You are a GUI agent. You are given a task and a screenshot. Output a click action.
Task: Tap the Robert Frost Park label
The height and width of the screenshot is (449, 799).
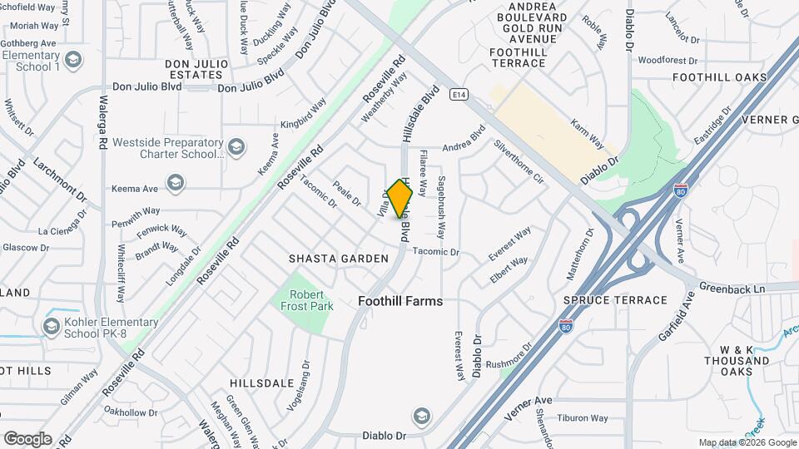(x=306, y=300)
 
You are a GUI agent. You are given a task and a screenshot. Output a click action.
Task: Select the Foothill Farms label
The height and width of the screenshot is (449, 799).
(x=400, y=302)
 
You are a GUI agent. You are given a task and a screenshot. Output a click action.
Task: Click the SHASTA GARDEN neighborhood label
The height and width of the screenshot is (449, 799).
(x=339, y=259)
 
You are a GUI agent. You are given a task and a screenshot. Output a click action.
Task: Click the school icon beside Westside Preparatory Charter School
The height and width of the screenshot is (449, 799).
(x=236, y=148)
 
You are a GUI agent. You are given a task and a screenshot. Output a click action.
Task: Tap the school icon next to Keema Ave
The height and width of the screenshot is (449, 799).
(x=175, y=182)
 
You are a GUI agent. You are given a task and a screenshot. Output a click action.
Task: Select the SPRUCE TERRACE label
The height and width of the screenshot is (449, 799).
(x=615, y=300)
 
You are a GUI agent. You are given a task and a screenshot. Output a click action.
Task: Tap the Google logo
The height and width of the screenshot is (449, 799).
(x=27, y=439)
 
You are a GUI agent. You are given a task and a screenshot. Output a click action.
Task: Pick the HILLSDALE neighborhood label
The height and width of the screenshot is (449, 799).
(x=262, y=383)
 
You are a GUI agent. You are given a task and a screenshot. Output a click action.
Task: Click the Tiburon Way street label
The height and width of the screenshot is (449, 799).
(x=583, y=418)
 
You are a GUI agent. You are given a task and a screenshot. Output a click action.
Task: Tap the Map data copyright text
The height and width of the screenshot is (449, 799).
(x=746, y=442)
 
